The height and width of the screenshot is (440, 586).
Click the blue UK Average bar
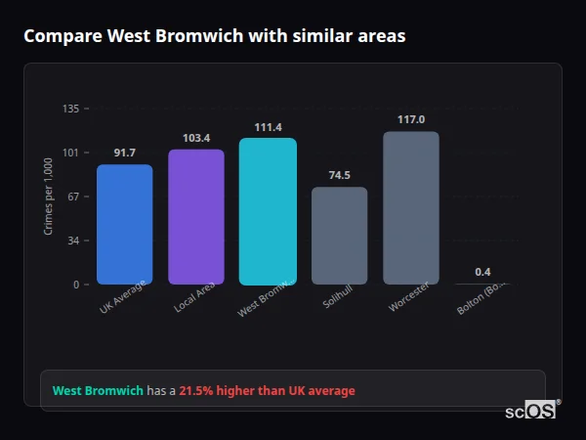[124, 224]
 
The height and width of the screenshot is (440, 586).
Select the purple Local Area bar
[196, 216]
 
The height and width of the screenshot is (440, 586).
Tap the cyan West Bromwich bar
[268, 211]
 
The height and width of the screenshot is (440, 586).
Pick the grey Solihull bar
[339, 236]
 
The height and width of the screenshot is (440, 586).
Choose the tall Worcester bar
[411, 207]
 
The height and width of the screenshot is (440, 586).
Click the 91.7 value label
[124, 153]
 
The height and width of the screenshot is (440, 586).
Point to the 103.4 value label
[196, 138]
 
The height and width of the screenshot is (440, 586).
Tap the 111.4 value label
[268, 127]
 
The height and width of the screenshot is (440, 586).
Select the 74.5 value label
[339, 175]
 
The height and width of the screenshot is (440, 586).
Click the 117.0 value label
[411, 119]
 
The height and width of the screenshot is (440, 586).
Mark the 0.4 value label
[482, 272]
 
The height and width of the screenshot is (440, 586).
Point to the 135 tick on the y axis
[70, 109]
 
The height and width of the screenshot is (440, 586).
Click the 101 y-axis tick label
[70, 153]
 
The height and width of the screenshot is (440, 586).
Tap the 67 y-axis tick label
[73, 197]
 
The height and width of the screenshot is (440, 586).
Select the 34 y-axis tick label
[73, 241]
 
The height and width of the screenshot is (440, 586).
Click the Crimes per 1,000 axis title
[49, 197]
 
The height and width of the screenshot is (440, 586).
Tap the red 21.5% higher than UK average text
[267, 391]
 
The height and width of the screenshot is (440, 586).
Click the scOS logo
[530, 411]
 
